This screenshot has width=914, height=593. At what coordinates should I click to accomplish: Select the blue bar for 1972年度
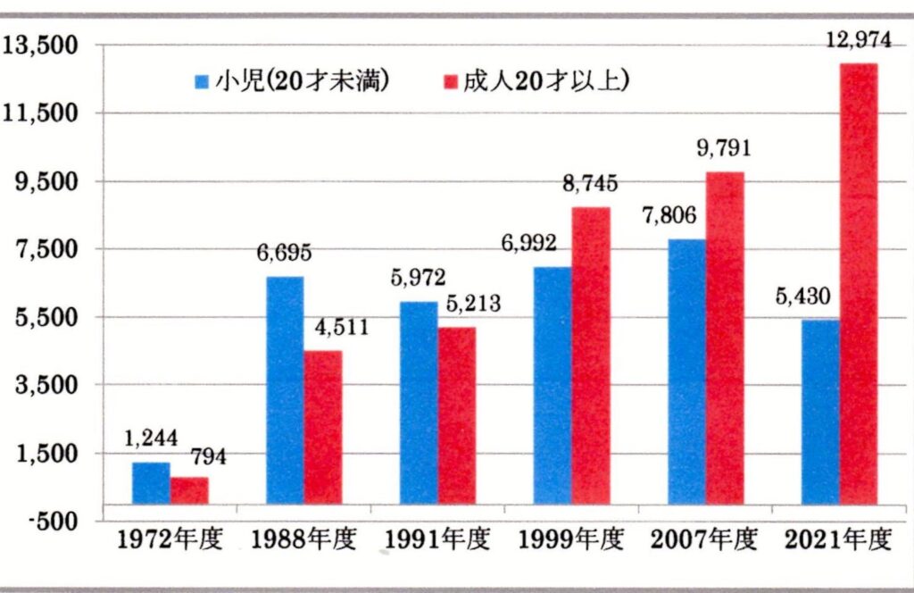[x=151, y=483]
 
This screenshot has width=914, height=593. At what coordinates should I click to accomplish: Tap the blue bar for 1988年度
[x=285, y=390]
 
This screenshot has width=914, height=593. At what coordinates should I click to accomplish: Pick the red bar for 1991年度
[x=457, y=415]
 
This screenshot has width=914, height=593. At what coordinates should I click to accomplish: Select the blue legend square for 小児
[x=202, y=82]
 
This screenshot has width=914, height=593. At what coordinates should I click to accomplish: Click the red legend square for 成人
[x=450, y=82]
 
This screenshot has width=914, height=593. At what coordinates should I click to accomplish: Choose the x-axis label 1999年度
[x=571, y=540]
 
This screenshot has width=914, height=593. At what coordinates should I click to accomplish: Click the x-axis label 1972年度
[x=170, y=540]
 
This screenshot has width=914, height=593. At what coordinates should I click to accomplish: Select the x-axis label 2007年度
[x=705, y=540]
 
